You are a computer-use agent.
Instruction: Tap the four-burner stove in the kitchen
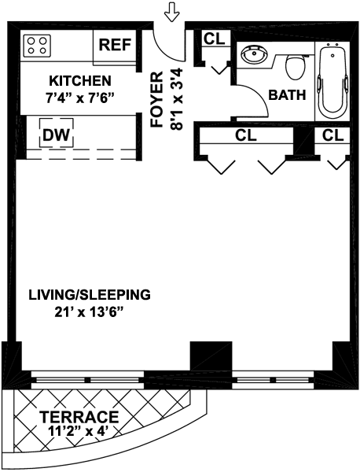pos(37,46)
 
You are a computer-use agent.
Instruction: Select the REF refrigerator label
pos(116,45)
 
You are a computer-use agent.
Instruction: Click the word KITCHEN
pos(80,81)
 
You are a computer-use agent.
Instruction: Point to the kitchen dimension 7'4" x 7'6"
pos(81,98)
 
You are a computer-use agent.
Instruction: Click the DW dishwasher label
pos(57,135)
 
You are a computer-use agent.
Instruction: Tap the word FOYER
pos(157,99)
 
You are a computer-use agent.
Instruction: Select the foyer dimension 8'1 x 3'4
pos(176,99)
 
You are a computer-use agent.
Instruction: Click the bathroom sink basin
pos(254,55)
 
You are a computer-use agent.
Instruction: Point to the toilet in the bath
pos(293,67)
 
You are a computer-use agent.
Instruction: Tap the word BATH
pos(287,95)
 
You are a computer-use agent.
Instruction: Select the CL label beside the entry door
pos(215,39)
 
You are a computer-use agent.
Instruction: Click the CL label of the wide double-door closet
pos(246,135)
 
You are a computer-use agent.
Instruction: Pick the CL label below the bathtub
pos(333,135)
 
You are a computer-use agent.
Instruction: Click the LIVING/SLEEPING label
pos(90,295)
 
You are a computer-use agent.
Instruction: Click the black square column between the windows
pos(211,356)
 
